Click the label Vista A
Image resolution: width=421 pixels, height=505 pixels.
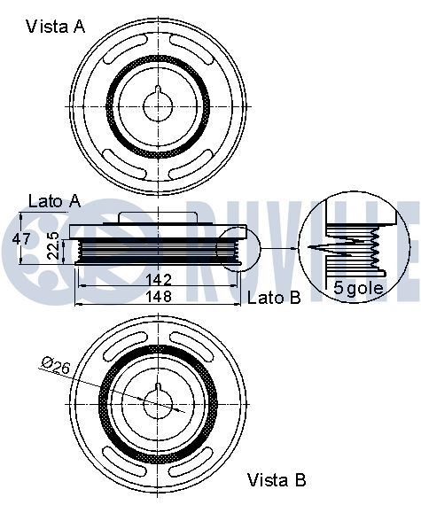click(x=55, y=27)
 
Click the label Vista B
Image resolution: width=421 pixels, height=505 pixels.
click(x=277, y=480)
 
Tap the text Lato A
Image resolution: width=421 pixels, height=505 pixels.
click(x=55, y=201)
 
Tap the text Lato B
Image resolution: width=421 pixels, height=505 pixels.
click(x=274, y=298)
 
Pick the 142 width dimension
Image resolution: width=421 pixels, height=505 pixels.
click(x=158, y=279)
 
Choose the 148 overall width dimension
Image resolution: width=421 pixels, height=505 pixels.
click(x=158, y=297)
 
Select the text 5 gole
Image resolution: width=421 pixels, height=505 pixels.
click(x=359, y=287)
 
